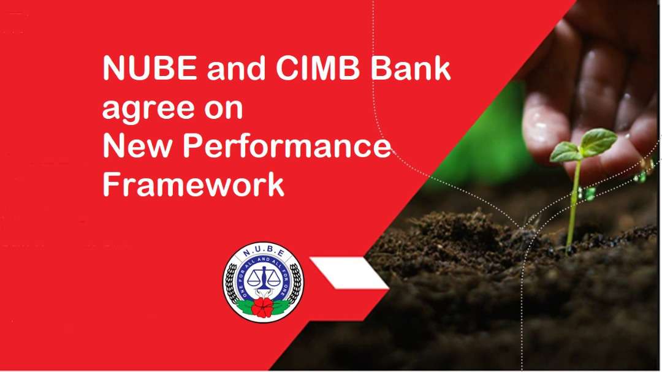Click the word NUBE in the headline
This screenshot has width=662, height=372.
[x=150, y=68]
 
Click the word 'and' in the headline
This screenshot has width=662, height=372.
[x=236, y=68]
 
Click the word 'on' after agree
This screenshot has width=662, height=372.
[x=224, y=109]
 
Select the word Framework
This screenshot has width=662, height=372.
[x=193, y=184]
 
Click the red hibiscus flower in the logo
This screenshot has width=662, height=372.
[x=262, y=307]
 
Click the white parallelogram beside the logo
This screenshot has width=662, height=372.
[x=349, y=273]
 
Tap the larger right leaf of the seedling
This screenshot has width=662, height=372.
[x=598, y=142]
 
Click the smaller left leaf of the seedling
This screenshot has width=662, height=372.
[x=565, y=153]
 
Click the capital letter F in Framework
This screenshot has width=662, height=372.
[x=111, y=184]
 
